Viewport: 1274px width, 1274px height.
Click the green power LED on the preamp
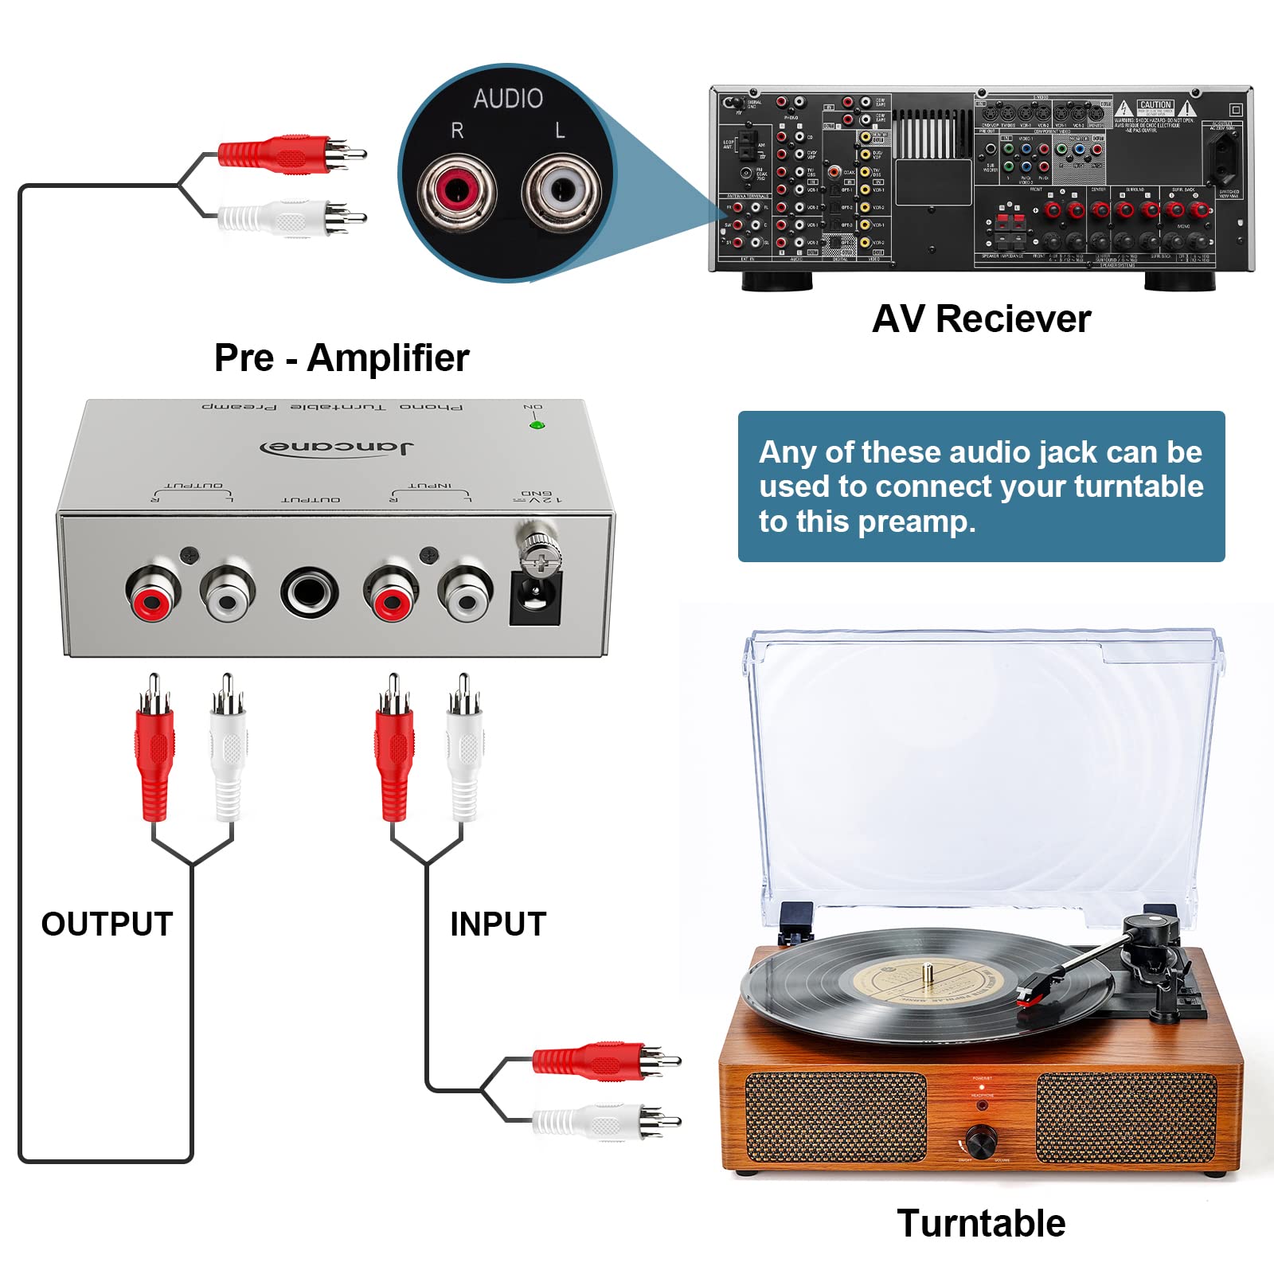[x=536, y=425]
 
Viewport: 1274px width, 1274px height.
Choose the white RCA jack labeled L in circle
[x=561, y=191]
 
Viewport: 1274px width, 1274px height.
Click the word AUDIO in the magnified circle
[x=508, y=99]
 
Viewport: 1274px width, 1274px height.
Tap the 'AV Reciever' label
[x=981, y=319]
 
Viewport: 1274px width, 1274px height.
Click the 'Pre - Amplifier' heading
[x=342, y=358]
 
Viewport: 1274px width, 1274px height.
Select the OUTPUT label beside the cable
[x=107, y=924]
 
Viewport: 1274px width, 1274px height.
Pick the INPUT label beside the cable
[x=498, y=924]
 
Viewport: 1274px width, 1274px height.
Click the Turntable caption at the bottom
[x=981, y=1223]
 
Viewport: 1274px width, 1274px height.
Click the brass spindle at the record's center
[x=927, y=971]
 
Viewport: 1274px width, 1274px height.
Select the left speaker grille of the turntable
[x=835, y=1116]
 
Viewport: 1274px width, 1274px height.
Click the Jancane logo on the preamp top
[x=338, y=447]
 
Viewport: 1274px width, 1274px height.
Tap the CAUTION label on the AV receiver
[x=1155, y=105]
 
